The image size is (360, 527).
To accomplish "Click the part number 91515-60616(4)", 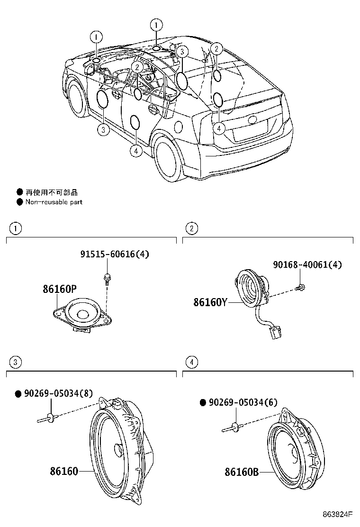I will coord(114,254).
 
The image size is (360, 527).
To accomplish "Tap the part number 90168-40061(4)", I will coord(307,264).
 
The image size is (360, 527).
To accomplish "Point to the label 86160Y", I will coord(210,301).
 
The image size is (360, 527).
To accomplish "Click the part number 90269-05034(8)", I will coord(58,393).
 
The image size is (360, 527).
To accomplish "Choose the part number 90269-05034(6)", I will coord(243,402).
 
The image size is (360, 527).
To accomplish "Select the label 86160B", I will coord(242,472).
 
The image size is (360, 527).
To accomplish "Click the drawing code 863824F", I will coord(338,514).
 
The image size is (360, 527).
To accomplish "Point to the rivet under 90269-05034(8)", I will coord(49,418).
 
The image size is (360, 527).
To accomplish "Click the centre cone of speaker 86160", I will coord(117,448).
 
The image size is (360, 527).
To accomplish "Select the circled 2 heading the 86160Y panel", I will coord(191,228).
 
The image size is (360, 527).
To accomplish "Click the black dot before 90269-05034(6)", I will coord(203,402).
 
